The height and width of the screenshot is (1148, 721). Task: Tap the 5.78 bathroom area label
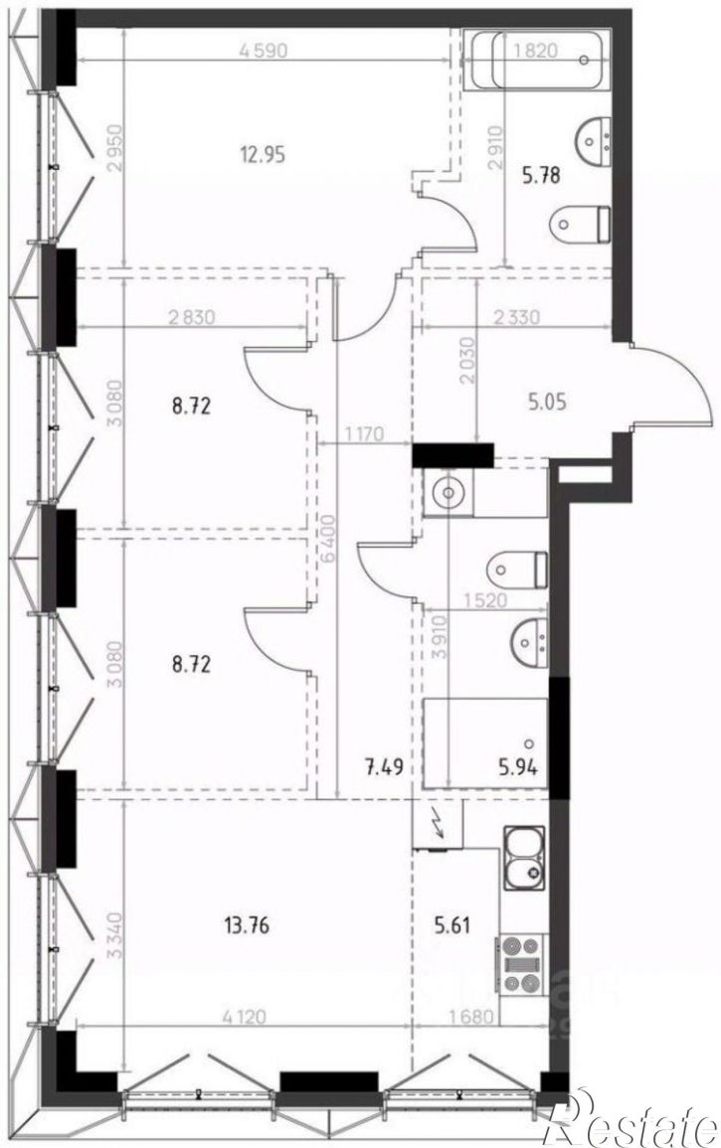coord(542,176)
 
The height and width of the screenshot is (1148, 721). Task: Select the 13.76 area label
coord(242,925)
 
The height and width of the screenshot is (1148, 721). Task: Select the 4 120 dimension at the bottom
coord(242,1015)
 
